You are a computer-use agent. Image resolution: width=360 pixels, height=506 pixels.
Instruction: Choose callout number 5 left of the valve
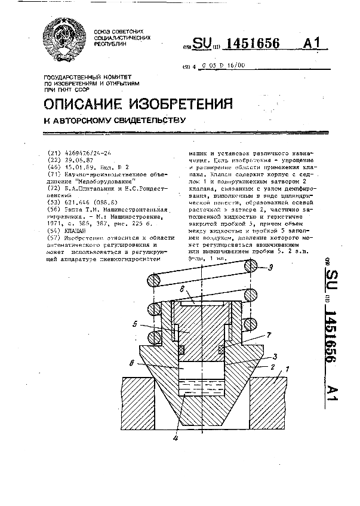(135, 325)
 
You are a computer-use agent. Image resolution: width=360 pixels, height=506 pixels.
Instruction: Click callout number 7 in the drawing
(269, 336)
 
